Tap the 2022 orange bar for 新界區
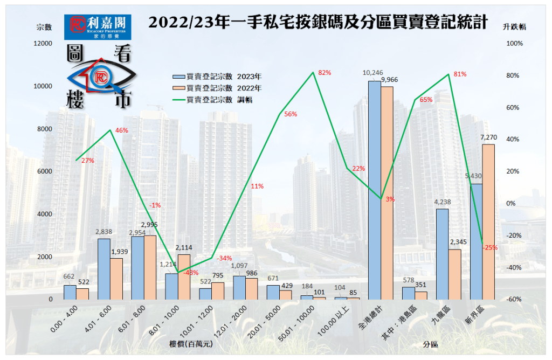click(x=489, y=221)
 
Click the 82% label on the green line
click(x=324, y=72)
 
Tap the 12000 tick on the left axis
click(x=43, y=43)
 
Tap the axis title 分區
click(x=430, y=343)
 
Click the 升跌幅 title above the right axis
click(x=514, y=26)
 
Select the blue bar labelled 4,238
click(x=442, y=254)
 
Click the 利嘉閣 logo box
click(x=98, y=27)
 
